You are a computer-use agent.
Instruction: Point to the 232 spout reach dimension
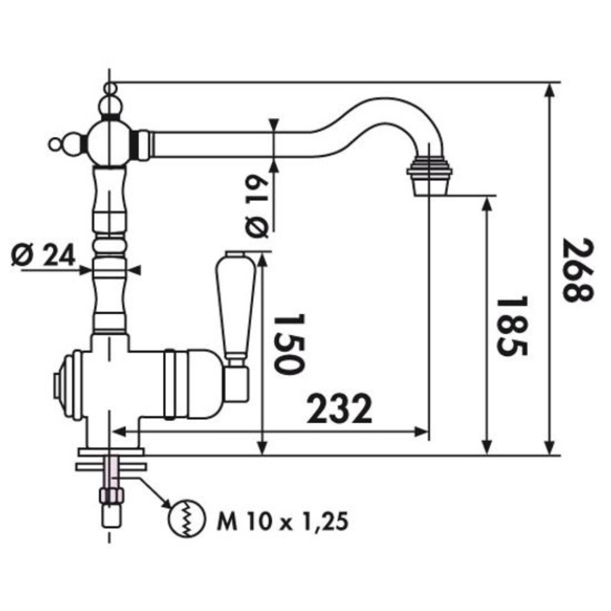(339, 408)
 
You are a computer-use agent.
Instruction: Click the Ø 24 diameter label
(43, 255)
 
